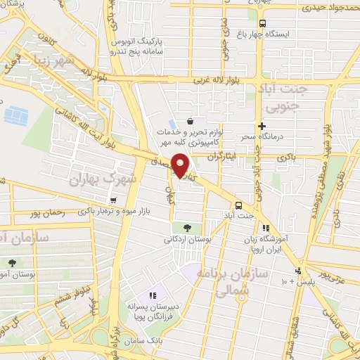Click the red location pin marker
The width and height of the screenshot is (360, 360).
pyautogui.click(x=181, y=165)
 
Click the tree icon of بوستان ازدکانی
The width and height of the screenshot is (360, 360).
pyautogui.click(x=187, y=227)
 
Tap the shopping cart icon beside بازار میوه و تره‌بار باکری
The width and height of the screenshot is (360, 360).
pyautogui.click(x=112, y=200)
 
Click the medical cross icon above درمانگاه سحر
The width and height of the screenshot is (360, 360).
pyautogui.click(x=261, y=126)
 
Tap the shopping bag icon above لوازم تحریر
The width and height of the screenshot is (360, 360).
pyautogui.click(x=191, y=121)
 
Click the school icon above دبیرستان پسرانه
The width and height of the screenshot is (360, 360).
pyautogui.click(x=151, y=295)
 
